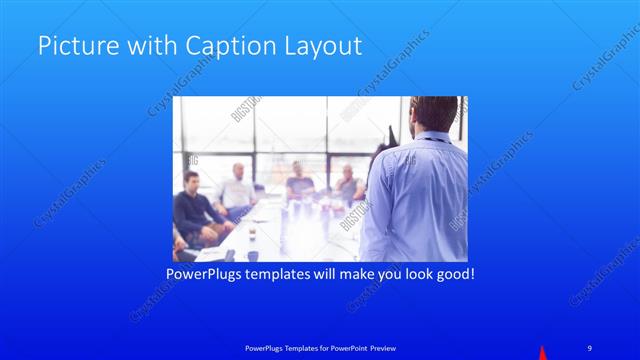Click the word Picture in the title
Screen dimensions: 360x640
pos(73,46)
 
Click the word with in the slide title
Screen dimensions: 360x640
pos(138,46)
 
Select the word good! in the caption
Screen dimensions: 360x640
pos(451,272)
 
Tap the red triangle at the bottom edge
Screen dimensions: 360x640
pos(543,353)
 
